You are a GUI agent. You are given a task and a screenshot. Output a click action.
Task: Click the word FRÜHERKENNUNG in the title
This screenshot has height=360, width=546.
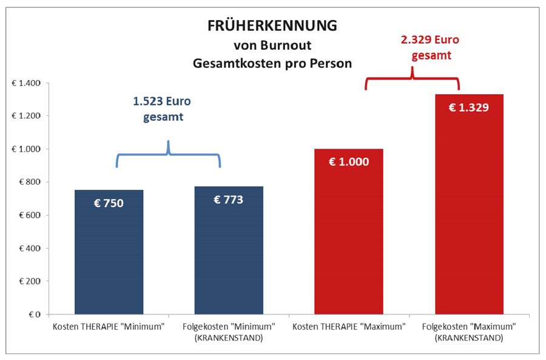[272, 26]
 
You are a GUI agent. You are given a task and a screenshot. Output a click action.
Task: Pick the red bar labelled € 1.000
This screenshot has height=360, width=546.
[349, 243]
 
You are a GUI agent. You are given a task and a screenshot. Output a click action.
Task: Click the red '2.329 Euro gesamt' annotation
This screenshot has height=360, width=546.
[430, 48]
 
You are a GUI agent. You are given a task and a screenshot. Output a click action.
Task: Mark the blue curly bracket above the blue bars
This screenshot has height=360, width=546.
[168, 155]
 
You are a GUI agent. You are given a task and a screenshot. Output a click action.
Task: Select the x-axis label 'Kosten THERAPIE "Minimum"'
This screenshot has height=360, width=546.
[109, 327]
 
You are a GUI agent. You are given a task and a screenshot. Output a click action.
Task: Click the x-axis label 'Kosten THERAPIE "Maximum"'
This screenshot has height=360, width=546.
[349, 327]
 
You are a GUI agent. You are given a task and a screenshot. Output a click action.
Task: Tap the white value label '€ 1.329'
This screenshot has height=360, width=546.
[468, 108]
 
